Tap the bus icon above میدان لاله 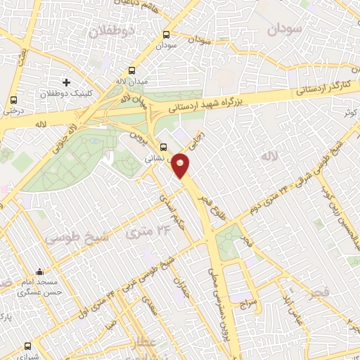coord(133,71)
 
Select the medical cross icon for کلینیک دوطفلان coord(66,83)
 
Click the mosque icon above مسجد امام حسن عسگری coord(39,272)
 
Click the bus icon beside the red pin coord(164,148)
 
